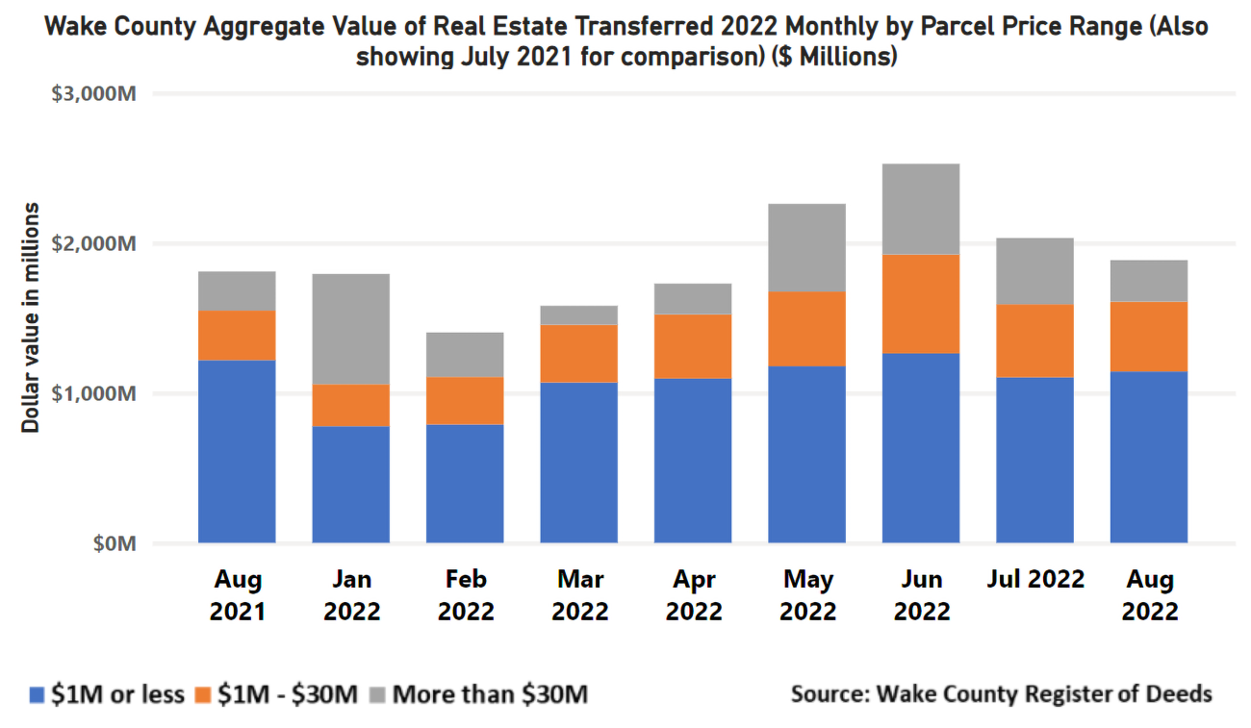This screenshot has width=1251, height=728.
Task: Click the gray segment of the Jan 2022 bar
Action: [x=350, y=328]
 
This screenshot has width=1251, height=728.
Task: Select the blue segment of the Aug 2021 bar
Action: [x=237, y=451]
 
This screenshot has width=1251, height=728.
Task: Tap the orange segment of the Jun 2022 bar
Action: [x=920, y=304]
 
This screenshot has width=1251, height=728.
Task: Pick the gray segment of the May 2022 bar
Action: [x=806, y=247]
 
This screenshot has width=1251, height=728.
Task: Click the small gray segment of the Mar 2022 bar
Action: [x=578, y=315]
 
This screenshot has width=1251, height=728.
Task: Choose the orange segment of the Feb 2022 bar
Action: [x=465, y=400]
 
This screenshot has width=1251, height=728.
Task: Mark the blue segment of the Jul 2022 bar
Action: [x=1034, y=460]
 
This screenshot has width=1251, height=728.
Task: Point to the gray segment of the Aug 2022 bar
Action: [x=1148, y=281]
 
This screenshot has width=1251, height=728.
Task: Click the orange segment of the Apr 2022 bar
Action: [x=693, y=346]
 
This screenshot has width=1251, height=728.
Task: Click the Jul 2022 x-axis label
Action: [x=1034, y=580]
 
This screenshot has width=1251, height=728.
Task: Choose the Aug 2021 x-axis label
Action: [x=237, y=594]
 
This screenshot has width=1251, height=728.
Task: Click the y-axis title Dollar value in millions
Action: [x=32, y=317]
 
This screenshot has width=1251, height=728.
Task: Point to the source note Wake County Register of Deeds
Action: [x=1001, y=693]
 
